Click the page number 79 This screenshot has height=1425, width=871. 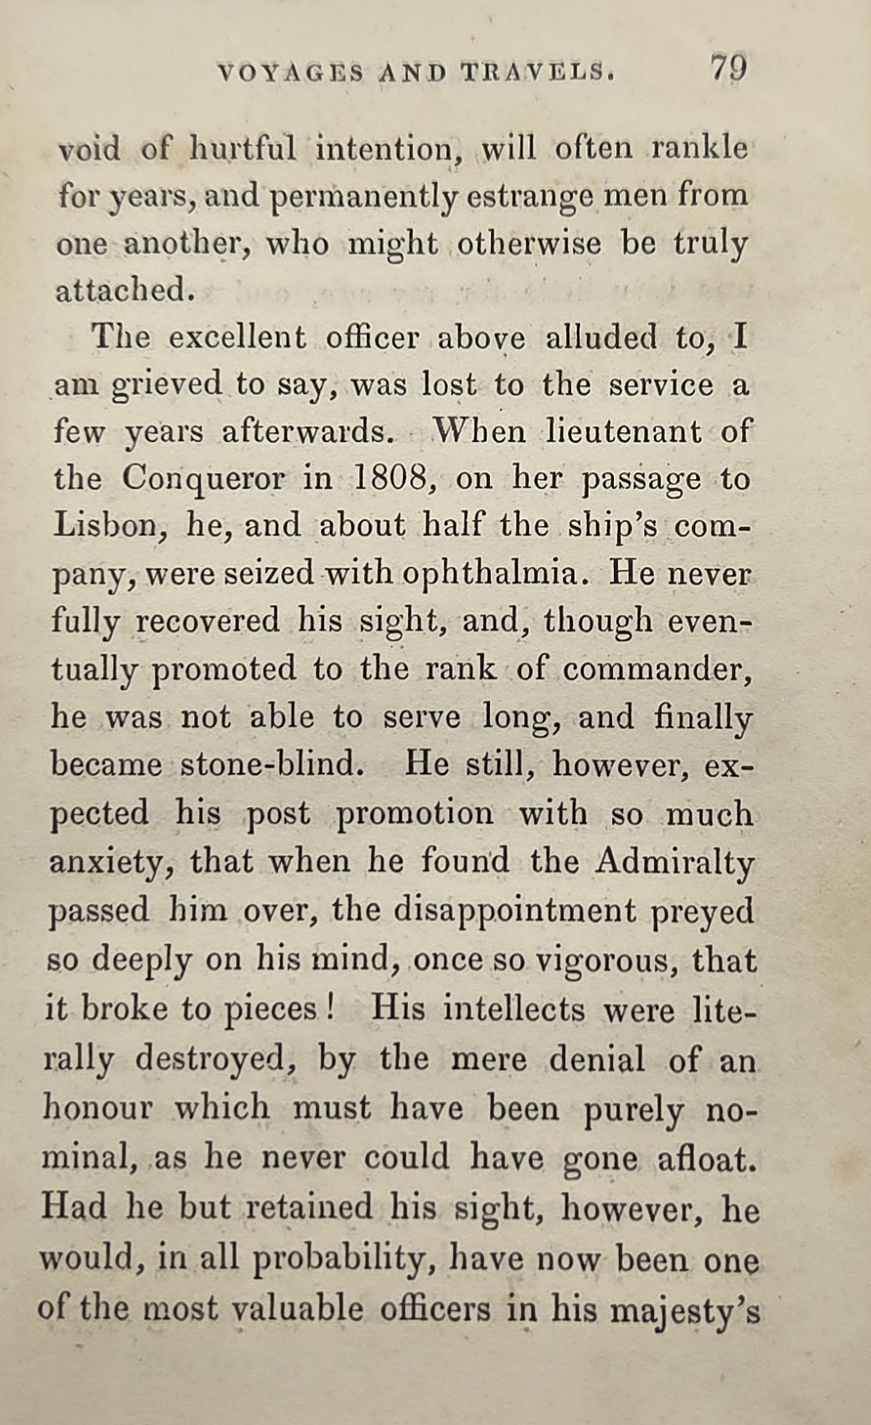[729, 67]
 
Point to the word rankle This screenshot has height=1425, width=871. [700, 148]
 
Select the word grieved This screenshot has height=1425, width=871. [167, 386]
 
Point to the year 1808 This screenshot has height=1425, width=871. [392, 479]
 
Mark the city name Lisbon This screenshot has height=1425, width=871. [106, 526]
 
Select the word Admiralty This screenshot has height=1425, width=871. [675, 862]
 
